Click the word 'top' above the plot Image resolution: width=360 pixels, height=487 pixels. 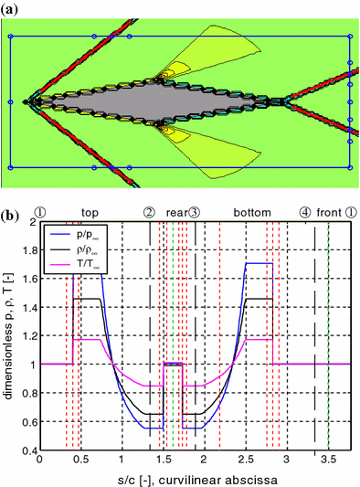(90, 212)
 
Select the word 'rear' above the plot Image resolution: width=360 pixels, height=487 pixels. (175, 212)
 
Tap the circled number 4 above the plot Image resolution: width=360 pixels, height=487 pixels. (304, 212)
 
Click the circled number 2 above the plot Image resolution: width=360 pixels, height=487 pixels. (149, 212)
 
